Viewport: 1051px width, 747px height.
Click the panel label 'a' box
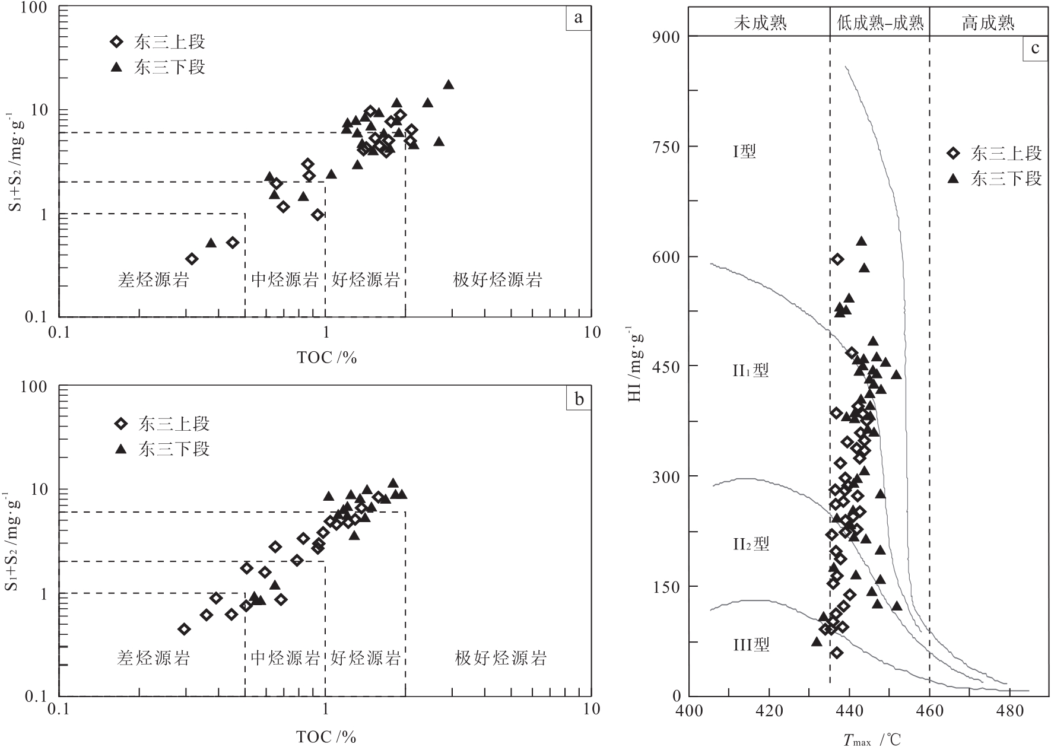(577, 18)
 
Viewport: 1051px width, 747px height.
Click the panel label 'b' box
(579, 399)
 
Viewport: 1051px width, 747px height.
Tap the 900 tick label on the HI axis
(666, 37)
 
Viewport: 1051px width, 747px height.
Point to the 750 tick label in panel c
(666, 147)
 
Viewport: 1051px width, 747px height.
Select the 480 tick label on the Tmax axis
(1009, 710)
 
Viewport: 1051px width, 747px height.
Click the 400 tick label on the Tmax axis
(689, 710)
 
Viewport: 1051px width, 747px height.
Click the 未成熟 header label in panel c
(760, 23)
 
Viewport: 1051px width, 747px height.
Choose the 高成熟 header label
(988, 23)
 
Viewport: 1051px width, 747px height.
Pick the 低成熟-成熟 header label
(880, 23)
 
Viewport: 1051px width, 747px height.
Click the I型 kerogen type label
(744, 152)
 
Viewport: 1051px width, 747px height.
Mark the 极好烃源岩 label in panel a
(497, 279)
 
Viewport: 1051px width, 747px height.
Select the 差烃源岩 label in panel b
(153, 657)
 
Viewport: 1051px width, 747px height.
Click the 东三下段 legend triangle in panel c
(954, 179)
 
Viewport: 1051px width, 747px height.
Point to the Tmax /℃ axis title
(872, 739)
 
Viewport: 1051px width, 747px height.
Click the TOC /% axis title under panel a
(326, 357)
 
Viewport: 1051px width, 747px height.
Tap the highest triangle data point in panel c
(861, 241)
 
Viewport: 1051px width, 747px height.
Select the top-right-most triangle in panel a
(449, 85)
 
